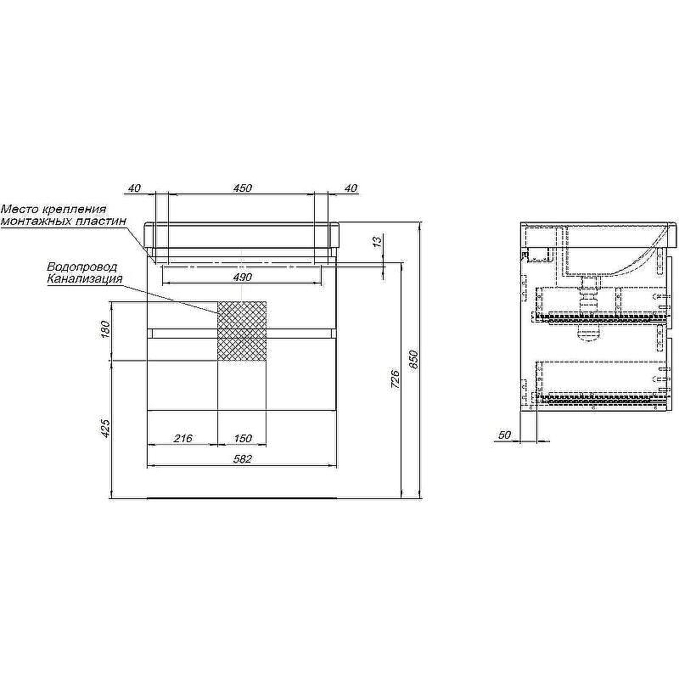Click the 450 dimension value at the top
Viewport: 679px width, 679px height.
tap(243, 188)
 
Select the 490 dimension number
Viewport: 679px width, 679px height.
tap(243, 278)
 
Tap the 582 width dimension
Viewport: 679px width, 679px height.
tap(243, 459)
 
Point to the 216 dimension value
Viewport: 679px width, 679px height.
tap(183, 438)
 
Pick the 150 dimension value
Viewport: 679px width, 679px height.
tap(243, 438)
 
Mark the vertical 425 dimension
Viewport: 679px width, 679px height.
tap(105, 428)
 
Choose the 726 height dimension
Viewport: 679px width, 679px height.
tap(395, 379)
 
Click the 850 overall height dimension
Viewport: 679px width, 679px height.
tap(413, 359)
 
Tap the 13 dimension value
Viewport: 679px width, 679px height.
tap(378, 241)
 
